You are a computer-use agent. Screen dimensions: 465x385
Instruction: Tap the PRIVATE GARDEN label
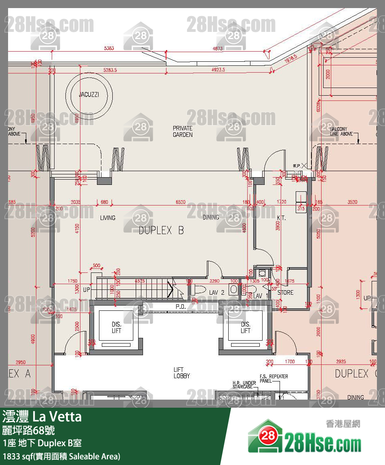(x=183, y=132)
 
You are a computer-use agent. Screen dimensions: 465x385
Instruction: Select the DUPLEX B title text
(x=161, y=230)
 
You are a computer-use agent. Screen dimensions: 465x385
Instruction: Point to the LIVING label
(x=107, y=218)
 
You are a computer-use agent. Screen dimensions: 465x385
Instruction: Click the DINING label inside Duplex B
(x=211, y=217)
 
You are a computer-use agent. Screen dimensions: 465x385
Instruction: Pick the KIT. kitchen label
(x=281, y=218)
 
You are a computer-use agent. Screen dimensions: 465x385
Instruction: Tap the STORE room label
(x=285, y=292)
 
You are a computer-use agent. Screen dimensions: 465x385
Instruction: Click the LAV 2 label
(x=217, y=292)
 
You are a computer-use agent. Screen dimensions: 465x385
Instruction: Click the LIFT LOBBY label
(x=181, y=373)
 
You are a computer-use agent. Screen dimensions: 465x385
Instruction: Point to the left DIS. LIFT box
(x=116, y=328)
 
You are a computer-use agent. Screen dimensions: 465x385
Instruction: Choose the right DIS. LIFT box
(x=245, y=328)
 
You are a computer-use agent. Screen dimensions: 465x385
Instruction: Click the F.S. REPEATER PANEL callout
(x=274, y=379)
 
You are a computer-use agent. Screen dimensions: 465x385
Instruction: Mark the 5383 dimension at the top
(x=109, y=48)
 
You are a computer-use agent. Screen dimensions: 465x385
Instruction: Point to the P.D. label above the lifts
(x=180, y=307)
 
